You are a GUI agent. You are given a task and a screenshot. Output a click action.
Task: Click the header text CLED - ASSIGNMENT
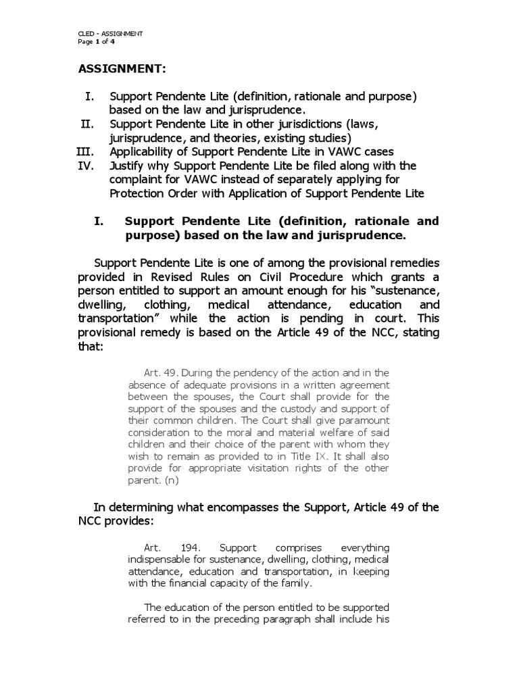click(110, 33)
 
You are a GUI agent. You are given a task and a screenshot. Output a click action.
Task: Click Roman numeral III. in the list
click(86, 151)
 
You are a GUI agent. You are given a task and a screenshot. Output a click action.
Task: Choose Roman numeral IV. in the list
click(87, 166)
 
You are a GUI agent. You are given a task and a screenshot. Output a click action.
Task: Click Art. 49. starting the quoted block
click(161, 372)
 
